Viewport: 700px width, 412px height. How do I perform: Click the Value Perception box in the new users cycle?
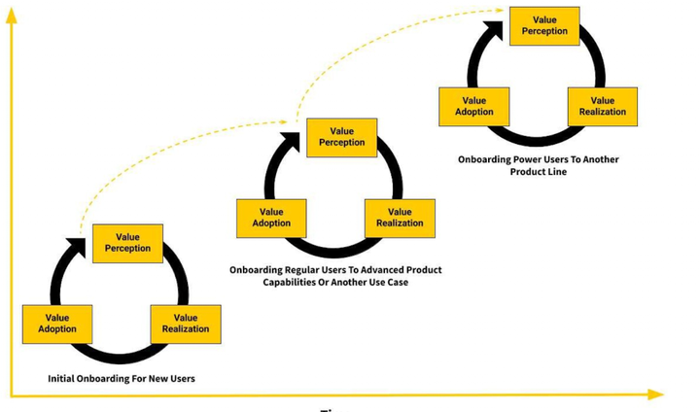pos(127,243)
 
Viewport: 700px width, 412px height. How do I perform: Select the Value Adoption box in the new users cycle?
pos(57,324)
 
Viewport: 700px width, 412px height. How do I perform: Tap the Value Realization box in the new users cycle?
pos(186,324)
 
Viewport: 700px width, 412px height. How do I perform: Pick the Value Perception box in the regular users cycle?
pos(341,137)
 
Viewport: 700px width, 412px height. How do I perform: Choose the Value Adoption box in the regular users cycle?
pos(271,218)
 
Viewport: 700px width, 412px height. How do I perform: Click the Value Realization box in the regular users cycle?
pos(400,218)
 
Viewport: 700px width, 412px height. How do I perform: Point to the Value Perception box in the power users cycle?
pos(544,25)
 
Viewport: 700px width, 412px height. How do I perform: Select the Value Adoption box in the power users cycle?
pos(474,106)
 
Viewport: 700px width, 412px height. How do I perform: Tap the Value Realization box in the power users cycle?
pos(603,106)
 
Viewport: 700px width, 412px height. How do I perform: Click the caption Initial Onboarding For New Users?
pos(121,378)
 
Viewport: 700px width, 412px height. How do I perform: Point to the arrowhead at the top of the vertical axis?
pos(12,14)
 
